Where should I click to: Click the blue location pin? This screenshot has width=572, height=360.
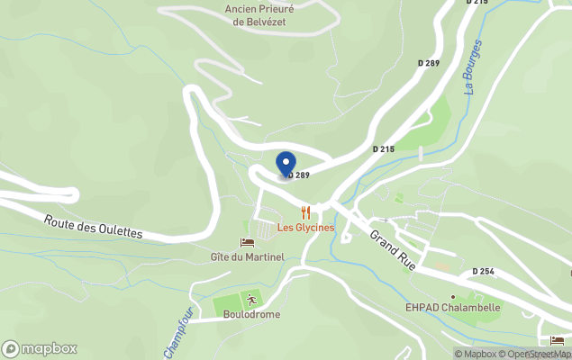click(x=286, y=165)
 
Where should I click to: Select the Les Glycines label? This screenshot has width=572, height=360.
click(x=305, y=228)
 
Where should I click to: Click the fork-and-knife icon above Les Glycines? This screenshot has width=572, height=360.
click(x=306, y=213)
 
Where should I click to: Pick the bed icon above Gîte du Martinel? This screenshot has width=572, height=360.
click(x=246, y=243)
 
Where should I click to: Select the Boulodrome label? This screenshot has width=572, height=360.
click(x=253, y=315)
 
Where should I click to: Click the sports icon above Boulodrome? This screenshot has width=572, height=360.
click(x=253, y=301)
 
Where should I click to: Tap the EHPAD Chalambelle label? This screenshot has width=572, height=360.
click(x=452, y=308)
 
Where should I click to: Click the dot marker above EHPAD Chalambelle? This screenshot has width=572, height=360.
click(x=452, y=296)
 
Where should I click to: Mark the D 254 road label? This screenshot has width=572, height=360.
click(x=484, y=271)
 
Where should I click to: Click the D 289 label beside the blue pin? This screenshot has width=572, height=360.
click(x=299, y=175)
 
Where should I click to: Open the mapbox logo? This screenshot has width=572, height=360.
click(x=40, y=348)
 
